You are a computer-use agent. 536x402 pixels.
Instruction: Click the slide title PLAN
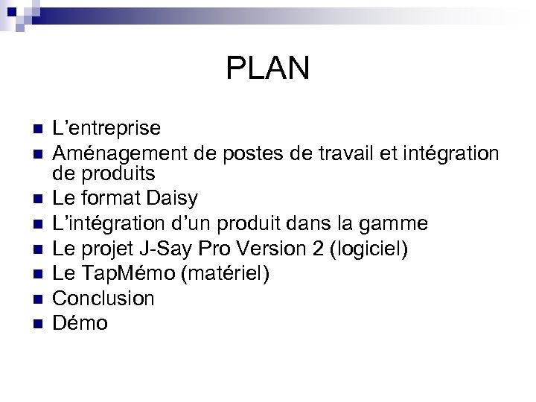(x=267, y=69)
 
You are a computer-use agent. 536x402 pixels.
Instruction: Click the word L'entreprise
(x=106, y=128)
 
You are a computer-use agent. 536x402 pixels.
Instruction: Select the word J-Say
(x=165, y=248)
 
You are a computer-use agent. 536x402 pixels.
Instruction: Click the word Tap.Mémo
(x=135, y=273)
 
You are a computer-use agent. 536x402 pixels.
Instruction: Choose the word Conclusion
(x=103, y=299)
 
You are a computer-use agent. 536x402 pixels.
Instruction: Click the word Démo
(x=80, y=323)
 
